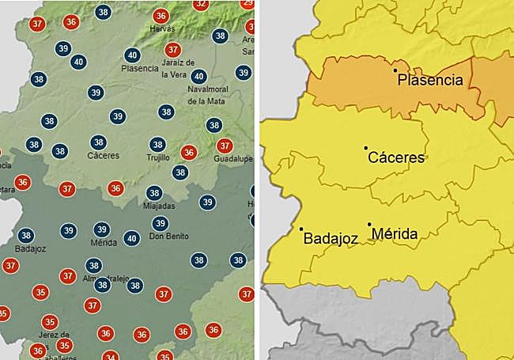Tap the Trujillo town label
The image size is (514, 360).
click(158, 158)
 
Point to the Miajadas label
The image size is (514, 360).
click(160, 206)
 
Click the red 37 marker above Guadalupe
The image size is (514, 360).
click(225, 146)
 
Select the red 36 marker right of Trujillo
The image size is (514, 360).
click(188, 152)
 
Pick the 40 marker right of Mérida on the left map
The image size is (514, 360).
click(132, 237)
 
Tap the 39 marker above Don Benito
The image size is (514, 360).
click(160, 223)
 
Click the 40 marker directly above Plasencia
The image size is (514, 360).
click(132, 55)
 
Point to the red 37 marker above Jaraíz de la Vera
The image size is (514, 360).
click(173, 50)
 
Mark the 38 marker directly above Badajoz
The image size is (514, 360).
click(26, 235)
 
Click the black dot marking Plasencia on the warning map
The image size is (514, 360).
click(395, 70)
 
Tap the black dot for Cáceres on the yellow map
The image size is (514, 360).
click(365, 148)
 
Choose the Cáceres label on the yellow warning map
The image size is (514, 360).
click(397, 157)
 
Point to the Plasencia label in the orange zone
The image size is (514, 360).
click(429, 80)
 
